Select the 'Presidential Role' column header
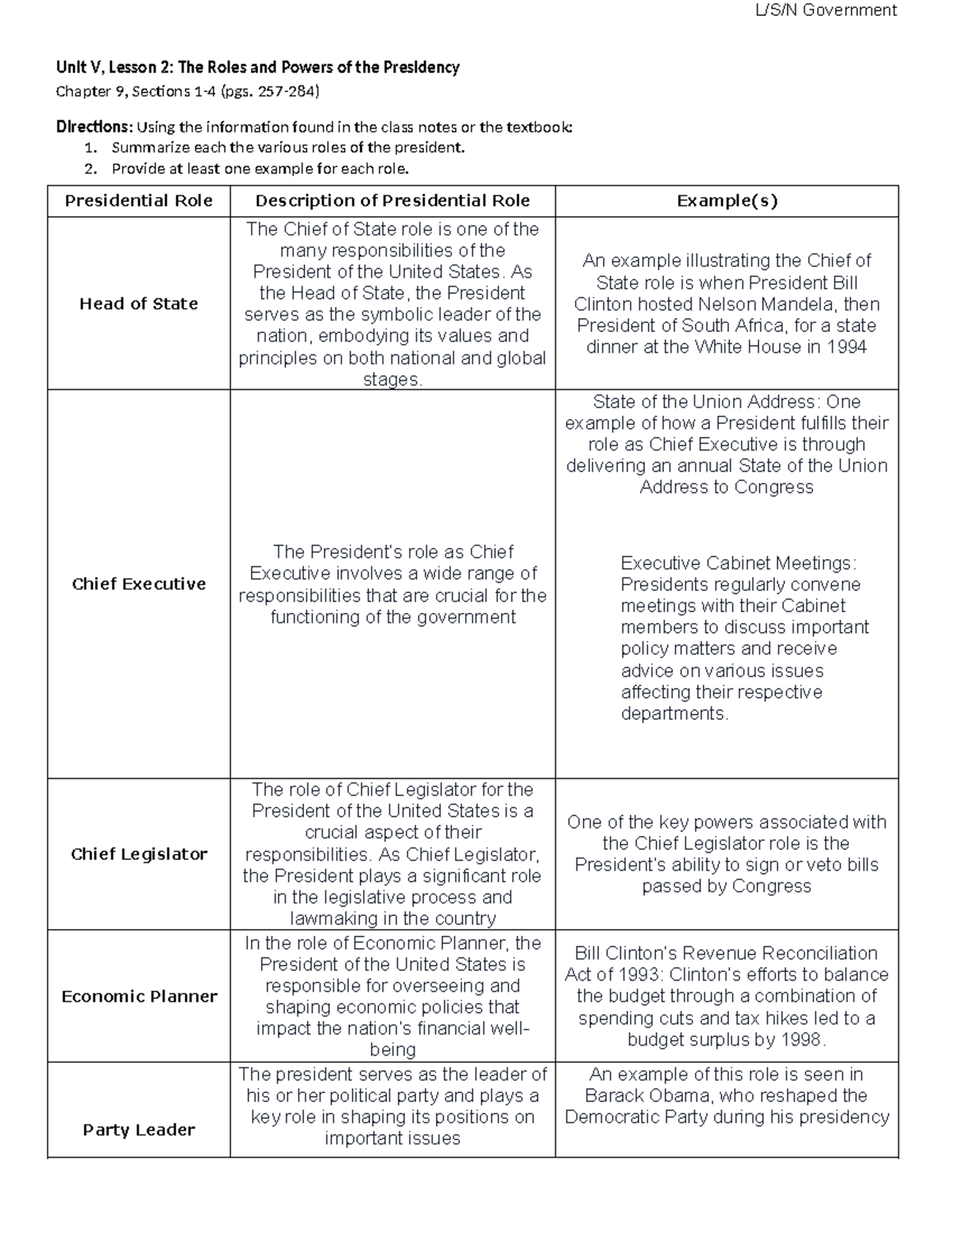click(x=138, y=201)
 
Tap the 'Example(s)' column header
click(x=727, y=201)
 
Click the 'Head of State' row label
click(x=138, y=303)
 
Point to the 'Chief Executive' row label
click(x=138, y=584)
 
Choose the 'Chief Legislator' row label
click(x=138, y=853)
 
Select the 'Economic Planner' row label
click(x=138, y=996)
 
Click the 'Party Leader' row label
click(x=138, y=1129)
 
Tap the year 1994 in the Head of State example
click(x=847, y=347)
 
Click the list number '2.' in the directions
click(x=91, y=168)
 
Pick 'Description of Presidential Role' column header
click(x=392, y=201)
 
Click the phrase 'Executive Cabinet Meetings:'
click(x=739, y=563)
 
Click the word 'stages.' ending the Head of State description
click(x=392, y=380)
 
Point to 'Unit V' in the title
click(x=74, y=67)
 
